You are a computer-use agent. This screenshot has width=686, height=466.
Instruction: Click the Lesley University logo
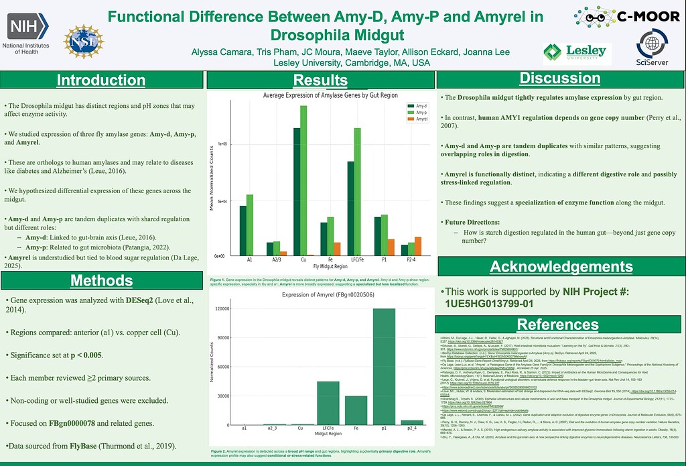(x=576, y=52)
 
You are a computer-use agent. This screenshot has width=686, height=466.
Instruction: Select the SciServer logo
(x=653, y=49)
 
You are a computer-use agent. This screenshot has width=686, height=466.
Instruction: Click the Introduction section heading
(x=101, y=80)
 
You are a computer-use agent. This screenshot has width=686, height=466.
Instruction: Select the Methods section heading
(x=101, y=280)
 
